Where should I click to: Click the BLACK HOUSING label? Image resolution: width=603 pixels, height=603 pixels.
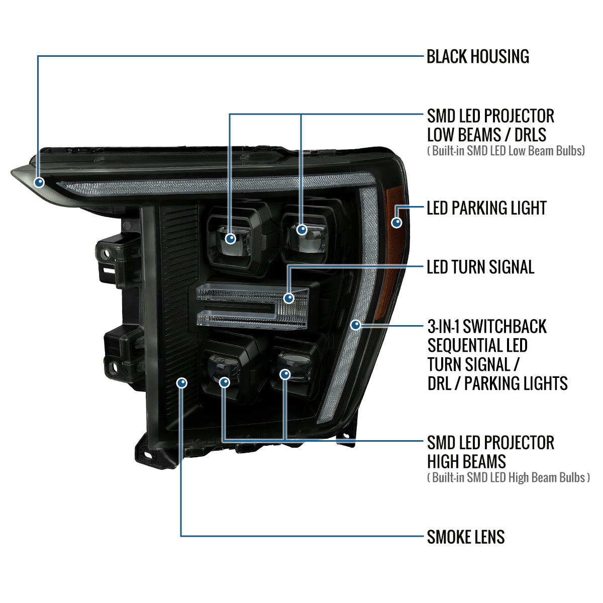click(477, 56)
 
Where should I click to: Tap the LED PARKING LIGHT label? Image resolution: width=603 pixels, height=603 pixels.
click(486, 208)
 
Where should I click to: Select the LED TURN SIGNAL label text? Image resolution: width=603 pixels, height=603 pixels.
click(480, 267)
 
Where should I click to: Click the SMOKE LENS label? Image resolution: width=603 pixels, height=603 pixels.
click(466, 537)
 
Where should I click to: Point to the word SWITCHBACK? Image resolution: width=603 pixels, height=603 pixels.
click(505, 327)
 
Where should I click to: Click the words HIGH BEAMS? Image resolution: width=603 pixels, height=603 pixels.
click(466, 462)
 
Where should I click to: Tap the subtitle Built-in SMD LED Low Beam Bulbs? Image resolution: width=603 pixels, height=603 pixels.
click(506, 151)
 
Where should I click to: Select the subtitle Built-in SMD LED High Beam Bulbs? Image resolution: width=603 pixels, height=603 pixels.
click(509, 477)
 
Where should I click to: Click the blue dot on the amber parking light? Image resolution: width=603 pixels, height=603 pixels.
click(397, 223)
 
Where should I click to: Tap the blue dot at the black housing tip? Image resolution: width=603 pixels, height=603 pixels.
click(39, 182)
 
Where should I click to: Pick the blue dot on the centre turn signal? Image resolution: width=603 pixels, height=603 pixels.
click(288, 297)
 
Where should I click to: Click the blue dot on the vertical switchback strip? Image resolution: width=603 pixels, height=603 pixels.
click(356, 325)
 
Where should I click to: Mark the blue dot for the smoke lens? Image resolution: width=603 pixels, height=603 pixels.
click(182, 382)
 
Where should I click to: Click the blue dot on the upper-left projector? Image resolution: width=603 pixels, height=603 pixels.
click(231, 239)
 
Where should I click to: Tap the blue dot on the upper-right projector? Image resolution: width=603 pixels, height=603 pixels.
click(301, 230)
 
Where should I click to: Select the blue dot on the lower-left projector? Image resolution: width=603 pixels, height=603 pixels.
click(224, 382)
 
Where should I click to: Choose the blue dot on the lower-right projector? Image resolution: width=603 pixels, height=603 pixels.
click(285, 374)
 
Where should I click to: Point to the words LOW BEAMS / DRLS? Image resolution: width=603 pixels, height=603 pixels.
click(486, 135)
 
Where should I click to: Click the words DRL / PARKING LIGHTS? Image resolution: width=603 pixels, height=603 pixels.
click(497, 383)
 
